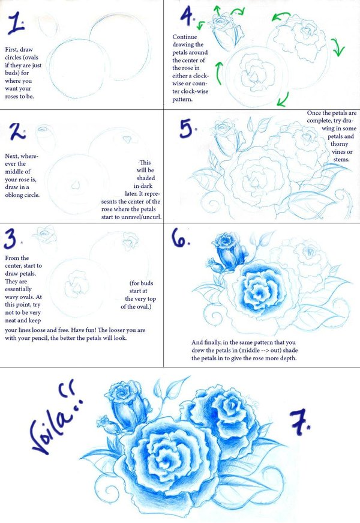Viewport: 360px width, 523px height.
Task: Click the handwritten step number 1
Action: click(x=16, y=23)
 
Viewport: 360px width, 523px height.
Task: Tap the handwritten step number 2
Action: click(x=17, y=132)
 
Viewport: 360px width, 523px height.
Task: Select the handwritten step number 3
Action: click(x=11, y=239)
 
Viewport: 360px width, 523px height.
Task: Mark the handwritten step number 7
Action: click(x=299, y=422)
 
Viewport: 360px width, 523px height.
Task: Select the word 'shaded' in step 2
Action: click(x=146, y=178)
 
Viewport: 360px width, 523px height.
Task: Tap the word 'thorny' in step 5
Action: click(x=340, y=144)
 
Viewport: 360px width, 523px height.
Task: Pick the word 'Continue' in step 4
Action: click(x=185, y=37)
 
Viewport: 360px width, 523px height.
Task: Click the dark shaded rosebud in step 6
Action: click(x=229, y=251)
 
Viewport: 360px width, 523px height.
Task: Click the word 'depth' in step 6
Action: click(x=289, y=358)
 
